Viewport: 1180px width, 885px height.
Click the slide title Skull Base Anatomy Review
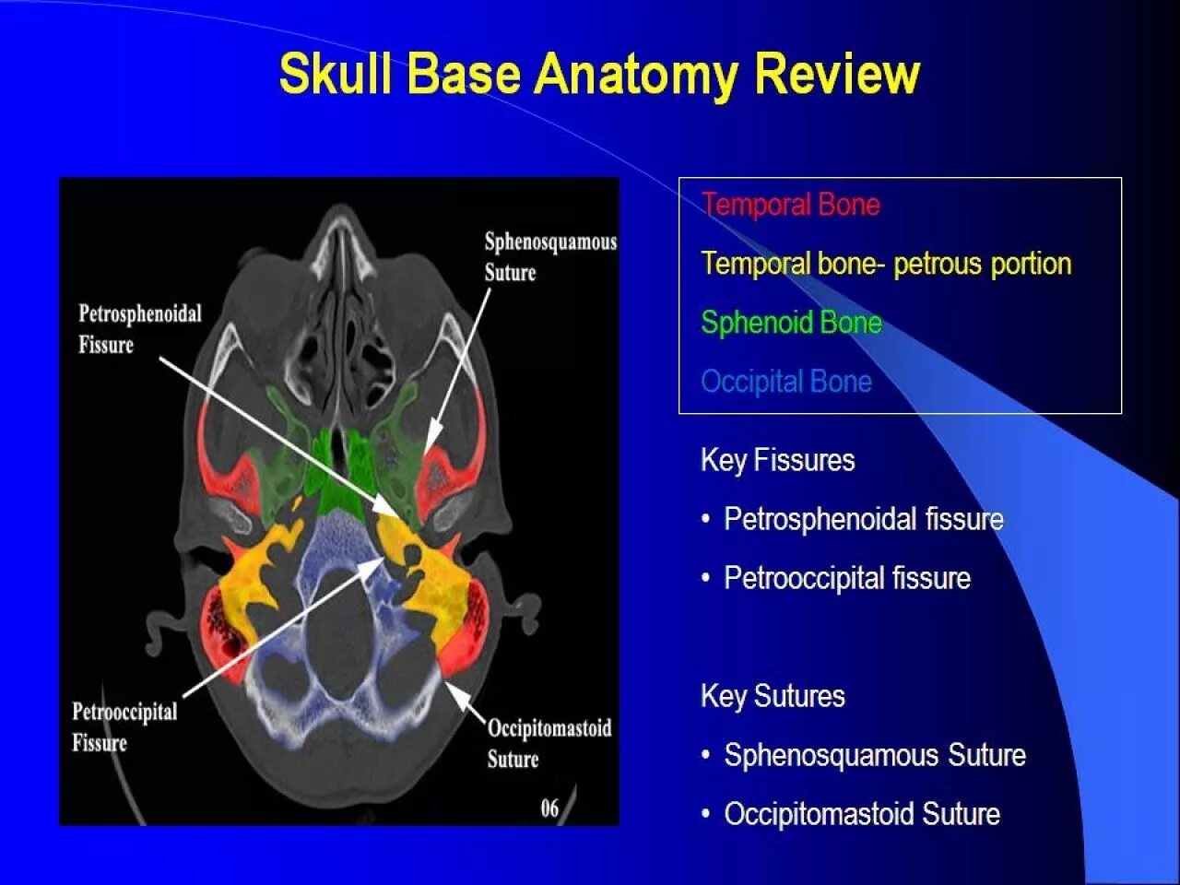coord(599,74)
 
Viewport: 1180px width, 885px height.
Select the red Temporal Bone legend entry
coord(790,205)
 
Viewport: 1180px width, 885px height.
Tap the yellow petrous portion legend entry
coord(885,264)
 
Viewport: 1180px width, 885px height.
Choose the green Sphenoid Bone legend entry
coord(791,323)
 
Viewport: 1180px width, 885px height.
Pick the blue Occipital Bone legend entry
coord(785,382)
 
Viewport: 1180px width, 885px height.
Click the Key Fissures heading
coord(777,460)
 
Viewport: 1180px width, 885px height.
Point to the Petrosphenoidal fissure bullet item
coord(863,519)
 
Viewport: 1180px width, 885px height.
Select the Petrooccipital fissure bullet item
coord(846,578)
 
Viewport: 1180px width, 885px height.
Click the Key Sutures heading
coord(773,696)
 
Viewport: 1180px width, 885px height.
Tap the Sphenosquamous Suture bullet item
coord(874,755)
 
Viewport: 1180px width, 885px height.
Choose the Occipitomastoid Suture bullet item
coord(861,814)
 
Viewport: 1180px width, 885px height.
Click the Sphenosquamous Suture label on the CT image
coord(549,257)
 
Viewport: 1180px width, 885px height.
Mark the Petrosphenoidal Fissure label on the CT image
coord(139,329)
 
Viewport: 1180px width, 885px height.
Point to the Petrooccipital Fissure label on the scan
coord(124,726)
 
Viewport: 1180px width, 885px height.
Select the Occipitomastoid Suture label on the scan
coord(549,743)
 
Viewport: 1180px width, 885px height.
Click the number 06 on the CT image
coord(549,808)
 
